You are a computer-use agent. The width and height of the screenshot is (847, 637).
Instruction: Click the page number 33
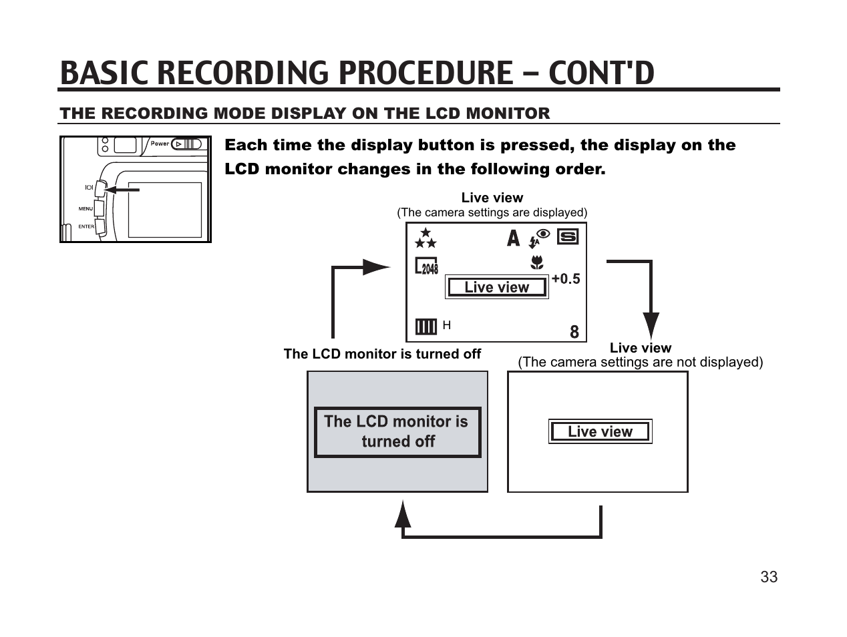[x=768, y=577]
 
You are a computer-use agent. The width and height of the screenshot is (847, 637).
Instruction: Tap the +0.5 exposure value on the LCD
[x=566, y=279]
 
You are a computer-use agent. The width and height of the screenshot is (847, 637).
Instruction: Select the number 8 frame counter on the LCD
[x=574, y=332]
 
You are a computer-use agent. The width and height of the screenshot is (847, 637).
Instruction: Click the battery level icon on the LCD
[x=426, y=326]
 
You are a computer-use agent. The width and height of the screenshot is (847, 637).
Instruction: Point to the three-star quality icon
[x=426, y=238]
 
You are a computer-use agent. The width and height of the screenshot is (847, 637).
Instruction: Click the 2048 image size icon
[x=427, y=266]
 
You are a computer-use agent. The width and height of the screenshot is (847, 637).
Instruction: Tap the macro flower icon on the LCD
[x=536, y=262]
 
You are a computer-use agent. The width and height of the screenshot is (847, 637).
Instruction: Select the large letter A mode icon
[x=513, y=238]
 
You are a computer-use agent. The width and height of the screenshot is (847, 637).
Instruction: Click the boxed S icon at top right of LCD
[x=567, y=237]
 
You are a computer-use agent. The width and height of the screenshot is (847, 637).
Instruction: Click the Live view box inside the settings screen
[x=496, y=287]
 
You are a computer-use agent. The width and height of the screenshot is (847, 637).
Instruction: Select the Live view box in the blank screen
[x=600, y=431]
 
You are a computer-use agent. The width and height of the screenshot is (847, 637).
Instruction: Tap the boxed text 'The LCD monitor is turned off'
[x=397, y=432]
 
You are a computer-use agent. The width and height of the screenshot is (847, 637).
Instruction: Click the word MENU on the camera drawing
[x=86, y=209]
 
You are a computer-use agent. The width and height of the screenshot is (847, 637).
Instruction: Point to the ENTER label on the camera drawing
[x=86, y=226]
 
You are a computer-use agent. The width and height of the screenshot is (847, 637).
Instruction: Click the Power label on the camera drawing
[x=160, y=144]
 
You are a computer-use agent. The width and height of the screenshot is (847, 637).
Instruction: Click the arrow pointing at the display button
[x=122, y=190]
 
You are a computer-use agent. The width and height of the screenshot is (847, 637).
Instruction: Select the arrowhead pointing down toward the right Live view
[x=651, y=325]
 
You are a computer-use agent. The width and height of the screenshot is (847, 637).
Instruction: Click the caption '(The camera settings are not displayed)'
[x=640, y=363]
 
